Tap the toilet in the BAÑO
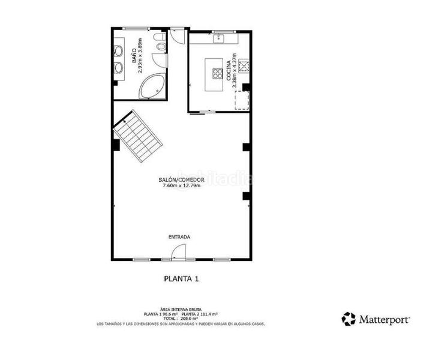pyautogui.click(x=159, y=41)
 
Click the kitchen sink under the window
pyautogui.click(x=220, y=39)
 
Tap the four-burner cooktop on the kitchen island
pyautogui.click(x=215, y=73)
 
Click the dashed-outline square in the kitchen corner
pyautogui.click(x=241, y=101)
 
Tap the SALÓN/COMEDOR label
pyautogui.click(x=181, y=180)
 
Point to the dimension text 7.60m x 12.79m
pyautogui.click(x=181, y=186)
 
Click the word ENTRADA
pyautogui.click(x=179, y=237)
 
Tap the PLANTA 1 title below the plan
pyautogui.click(x=181, y=278)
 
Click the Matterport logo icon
pyautogui.click(x=349, y=319)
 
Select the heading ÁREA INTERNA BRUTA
pyautogui.click(x=181, y=309)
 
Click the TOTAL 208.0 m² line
pyautogui.click(x=181, y=319)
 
